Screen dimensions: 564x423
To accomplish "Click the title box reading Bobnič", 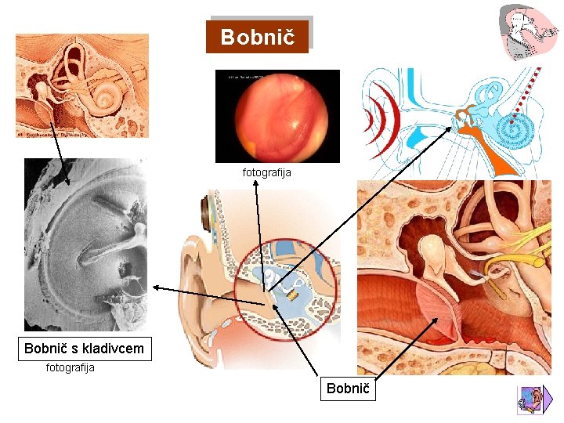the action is (x=258, y=37).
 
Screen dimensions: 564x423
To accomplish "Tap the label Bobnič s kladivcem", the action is (x=85, y=349).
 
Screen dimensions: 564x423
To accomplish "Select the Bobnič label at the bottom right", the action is (x=348, y=389).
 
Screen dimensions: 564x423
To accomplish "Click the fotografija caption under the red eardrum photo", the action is (x=266, y=172).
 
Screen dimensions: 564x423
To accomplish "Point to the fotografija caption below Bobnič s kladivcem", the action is (x=70, y=367).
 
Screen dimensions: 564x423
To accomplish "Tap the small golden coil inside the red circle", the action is (x=291, y=295).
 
